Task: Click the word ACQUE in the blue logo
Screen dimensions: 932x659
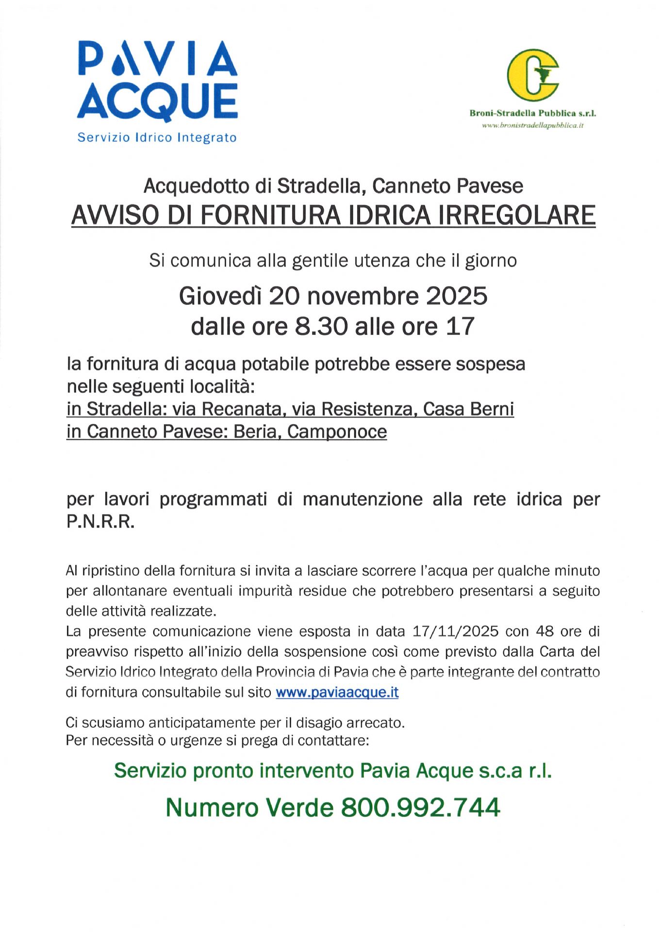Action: point(157,102)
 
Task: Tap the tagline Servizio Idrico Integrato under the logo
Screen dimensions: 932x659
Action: point(157,137)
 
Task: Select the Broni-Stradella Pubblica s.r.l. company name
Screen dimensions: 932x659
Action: point(532,114)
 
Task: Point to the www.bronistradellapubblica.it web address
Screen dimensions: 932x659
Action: point(532,125)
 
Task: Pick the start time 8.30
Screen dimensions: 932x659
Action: point(321,327)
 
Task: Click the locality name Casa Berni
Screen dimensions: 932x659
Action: point(468,409)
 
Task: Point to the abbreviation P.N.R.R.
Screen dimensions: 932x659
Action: point(100,522)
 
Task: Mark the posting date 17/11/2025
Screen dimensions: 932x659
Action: point(455,632)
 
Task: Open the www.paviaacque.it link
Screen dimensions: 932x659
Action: point(337,692)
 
